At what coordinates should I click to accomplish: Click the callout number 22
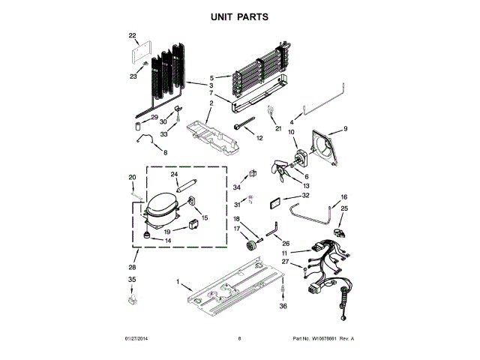133,35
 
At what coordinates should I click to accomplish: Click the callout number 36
283,306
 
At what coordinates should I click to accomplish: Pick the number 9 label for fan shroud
346,129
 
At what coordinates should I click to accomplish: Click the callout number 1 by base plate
178,283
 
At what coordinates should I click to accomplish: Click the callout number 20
132,178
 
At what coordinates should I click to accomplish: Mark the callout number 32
305,195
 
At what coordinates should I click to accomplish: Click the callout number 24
174,175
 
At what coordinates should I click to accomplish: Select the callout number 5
211,78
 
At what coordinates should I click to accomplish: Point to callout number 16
345,197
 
